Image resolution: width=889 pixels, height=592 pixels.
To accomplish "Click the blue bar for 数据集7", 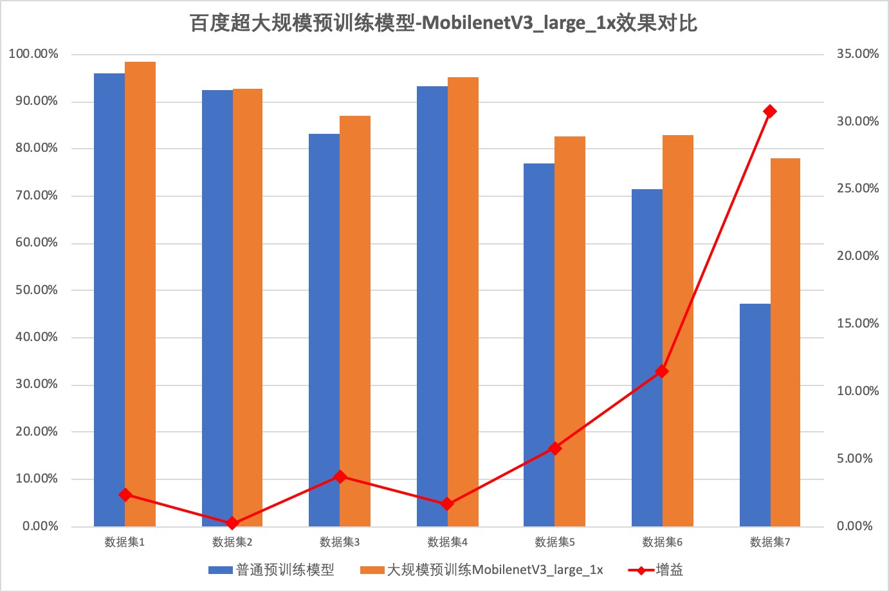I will tap(755, 415).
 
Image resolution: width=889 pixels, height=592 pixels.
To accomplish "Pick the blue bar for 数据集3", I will tap(324, 329).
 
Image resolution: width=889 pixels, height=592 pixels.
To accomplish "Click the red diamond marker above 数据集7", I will tap(769, 111).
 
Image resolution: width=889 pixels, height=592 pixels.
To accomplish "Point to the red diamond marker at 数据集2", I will tap(232, 524).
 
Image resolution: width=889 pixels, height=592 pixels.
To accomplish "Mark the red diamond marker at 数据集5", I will tap(555, 449).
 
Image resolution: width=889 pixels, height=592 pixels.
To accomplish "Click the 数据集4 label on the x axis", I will tap(447, 542).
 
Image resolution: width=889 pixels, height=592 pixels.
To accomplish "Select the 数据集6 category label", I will tap(662, 542).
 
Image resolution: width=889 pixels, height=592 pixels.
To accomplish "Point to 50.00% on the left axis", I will tap(37, 290).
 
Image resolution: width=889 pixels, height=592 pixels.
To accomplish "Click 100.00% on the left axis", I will tap(33, 54).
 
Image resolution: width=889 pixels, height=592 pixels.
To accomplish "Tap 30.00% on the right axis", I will tap(857, 122).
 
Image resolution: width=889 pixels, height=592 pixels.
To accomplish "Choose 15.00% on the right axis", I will tap(857, 324).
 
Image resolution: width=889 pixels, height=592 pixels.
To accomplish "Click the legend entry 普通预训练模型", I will tap(285, 570).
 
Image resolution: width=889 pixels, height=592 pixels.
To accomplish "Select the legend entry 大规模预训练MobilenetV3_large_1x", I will tap(494, 570).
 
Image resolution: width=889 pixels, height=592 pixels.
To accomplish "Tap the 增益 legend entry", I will tap(669, 570).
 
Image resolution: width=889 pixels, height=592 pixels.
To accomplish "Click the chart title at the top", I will tap(444, 23).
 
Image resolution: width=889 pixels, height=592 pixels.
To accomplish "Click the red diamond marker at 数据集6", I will tap(662, 371).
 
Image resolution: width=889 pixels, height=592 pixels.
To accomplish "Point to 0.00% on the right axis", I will tap(855, 526).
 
